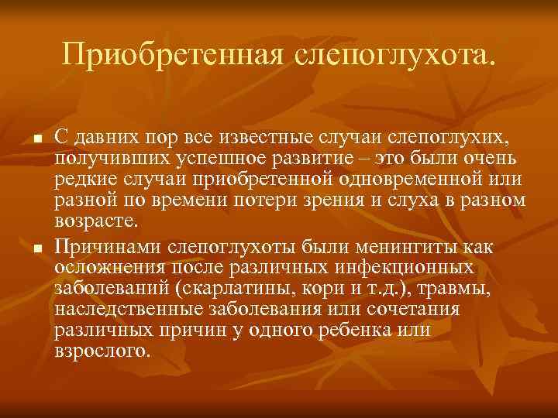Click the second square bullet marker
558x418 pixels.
(36, 248)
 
